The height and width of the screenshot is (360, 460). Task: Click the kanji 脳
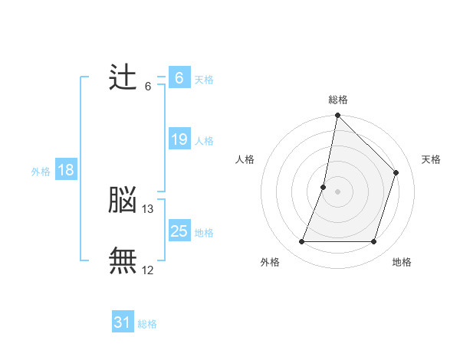123,200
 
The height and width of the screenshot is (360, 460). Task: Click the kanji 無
123,260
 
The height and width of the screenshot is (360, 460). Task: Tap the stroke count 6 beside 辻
148,87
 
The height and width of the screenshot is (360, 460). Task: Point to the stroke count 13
148,208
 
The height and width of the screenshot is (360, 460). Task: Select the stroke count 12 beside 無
148,269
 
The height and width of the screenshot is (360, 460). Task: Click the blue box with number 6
179,78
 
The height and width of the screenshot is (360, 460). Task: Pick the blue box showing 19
179,139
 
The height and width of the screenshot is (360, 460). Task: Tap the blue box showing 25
179,231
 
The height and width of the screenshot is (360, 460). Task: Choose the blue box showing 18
66,170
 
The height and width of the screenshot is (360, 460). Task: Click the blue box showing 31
123,322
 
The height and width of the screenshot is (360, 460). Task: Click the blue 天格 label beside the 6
204,80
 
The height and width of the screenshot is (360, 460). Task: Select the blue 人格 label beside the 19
204,141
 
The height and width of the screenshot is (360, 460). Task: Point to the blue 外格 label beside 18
41,172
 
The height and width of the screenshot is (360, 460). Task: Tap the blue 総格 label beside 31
147,324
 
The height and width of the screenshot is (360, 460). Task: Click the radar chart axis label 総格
338,100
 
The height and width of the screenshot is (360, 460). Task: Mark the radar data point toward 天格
396,172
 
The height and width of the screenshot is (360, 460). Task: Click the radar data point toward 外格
302,242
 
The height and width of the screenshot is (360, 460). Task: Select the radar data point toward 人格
324,187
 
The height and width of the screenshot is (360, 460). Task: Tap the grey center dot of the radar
338,191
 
